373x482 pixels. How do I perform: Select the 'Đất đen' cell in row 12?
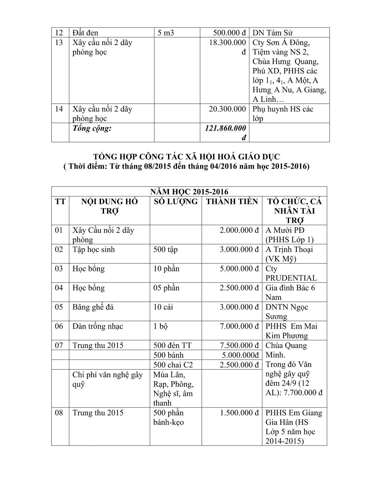point(85,33)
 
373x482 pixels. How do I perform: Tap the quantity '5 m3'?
point(166,33)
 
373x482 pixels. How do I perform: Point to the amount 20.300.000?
point(227,109)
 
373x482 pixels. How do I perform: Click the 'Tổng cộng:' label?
point(92,128)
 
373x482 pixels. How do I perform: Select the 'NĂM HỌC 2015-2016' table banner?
point(189,192)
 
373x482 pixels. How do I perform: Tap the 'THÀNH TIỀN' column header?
point(232,202)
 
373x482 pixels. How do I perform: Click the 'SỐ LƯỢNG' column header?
point(176,202)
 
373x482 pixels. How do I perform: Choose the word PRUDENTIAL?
point(291,278)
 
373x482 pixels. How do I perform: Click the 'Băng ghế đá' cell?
point(93,307)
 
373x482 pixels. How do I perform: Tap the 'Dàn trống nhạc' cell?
point(98,326)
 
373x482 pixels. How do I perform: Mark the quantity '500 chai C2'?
point(173,365)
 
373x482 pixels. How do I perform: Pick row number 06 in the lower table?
point(59,326)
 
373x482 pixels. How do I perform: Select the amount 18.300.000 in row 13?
point(228,43)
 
